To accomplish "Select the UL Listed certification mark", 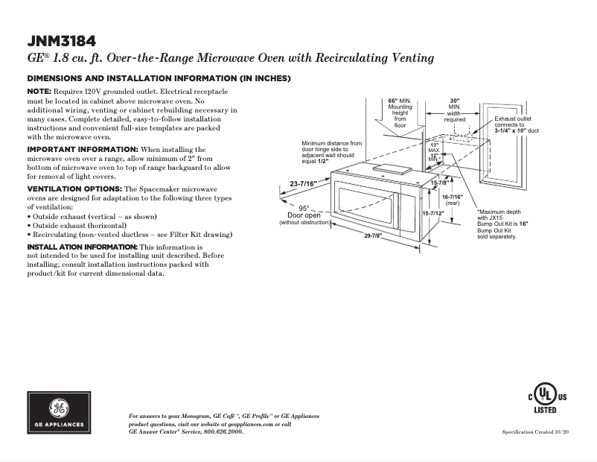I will point(547,399).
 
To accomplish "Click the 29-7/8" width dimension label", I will point(373,236).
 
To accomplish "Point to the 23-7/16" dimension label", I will point(304,183).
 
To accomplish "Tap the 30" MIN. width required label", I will point(455,110).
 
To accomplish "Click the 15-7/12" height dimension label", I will point(432,213).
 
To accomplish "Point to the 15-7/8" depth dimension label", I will point(439,183).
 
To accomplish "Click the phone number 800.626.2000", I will point(220,432).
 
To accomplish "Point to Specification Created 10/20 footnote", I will point(535,432).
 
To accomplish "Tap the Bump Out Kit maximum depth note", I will point(502,224).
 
